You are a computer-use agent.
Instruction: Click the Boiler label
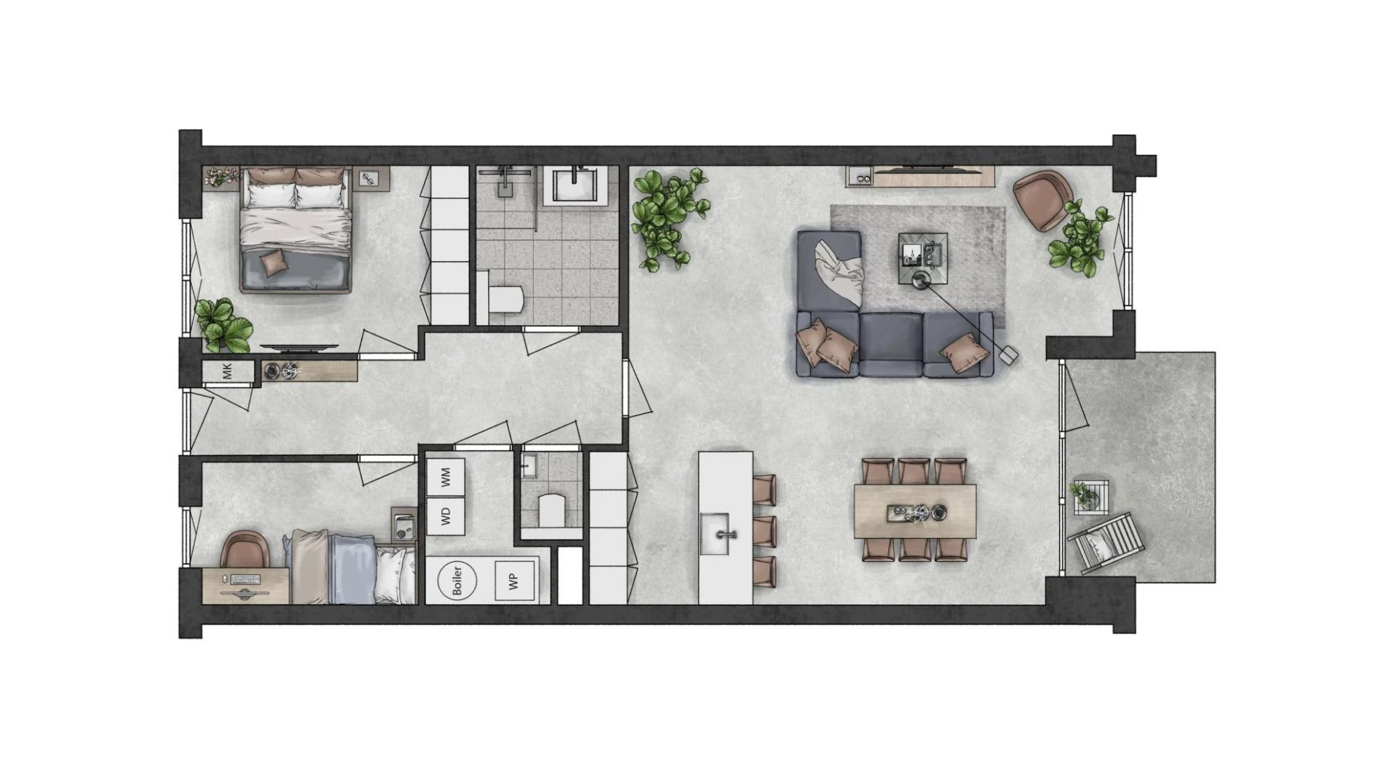click(457, 580)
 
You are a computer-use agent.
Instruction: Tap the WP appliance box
click(514, 581)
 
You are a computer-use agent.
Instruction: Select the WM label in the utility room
click(445, 477)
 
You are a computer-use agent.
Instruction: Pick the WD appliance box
click(445, 516)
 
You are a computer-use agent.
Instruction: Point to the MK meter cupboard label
click(228, 371)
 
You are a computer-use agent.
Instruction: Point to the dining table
click(915, 511)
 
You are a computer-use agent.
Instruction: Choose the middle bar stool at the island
click(764, 532)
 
